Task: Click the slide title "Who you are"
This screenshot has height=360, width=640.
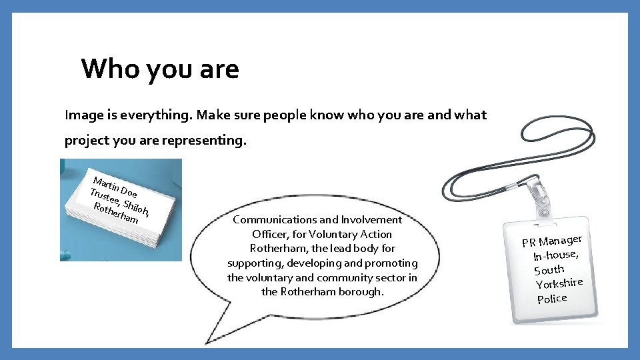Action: (160, 69)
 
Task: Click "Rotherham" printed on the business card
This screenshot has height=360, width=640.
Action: (116, 213)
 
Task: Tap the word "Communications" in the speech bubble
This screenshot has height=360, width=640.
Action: (274, 219)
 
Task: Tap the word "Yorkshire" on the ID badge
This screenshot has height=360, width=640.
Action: (559, 284)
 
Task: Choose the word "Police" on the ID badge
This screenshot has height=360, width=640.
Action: (552, 298)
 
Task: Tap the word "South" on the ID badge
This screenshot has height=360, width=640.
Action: (549, 269)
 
